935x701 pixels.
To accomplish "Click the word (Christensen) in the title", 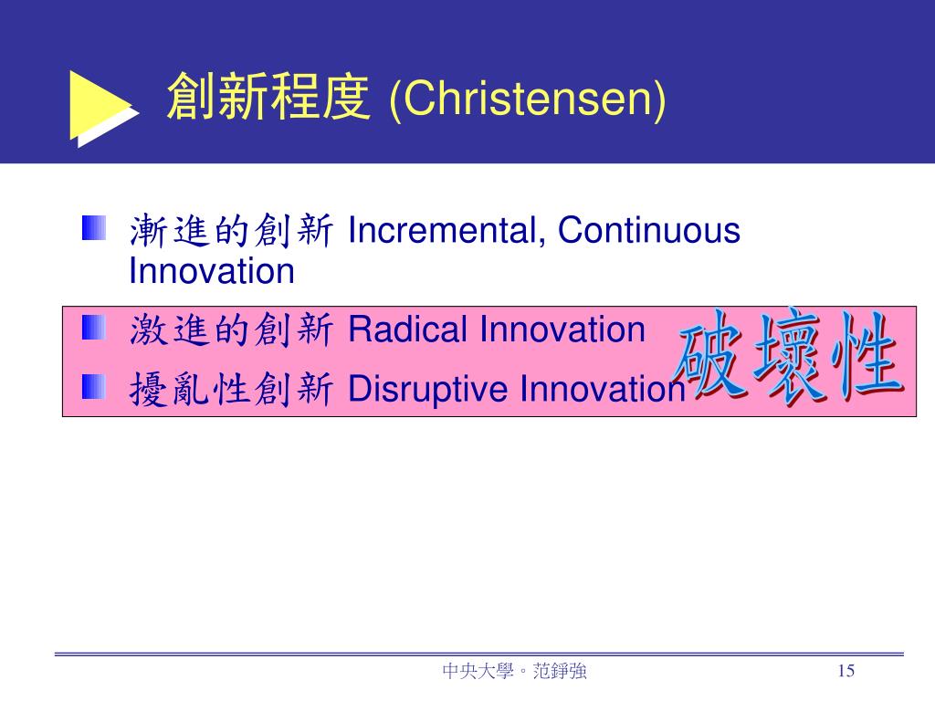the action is pos(527,99).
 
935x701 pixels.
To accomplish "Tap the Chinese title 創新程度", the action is pos(268,97).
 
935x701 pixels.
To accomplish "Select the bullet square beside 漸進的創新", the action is pos(94,227).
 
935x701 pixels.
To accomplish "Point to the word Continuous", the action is pos(649,230).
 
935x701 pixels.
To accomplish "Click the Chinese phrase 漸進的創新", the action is pos(231,231).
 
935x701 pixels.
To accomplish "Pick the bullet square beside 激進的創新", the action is pos(94,328).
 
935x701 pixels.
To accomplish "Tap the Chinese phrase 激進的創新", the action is pos(231,330).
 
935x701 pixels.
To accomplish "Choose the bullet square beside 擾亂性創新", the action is pos(94,387).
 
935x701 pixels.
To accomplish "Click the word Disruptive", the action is pos(427,389).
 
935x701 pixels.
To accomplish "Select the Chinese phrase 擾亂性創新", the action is pos(231,389).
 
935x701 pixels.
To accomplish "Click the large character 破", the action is pos(709,354).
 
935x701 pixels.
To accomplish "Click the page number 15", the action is pos(846,671).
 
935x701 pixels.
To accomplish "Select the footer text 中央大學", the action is pos(478,671).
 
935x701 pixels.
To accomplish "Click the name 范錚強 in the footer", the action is pos(560,671).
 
